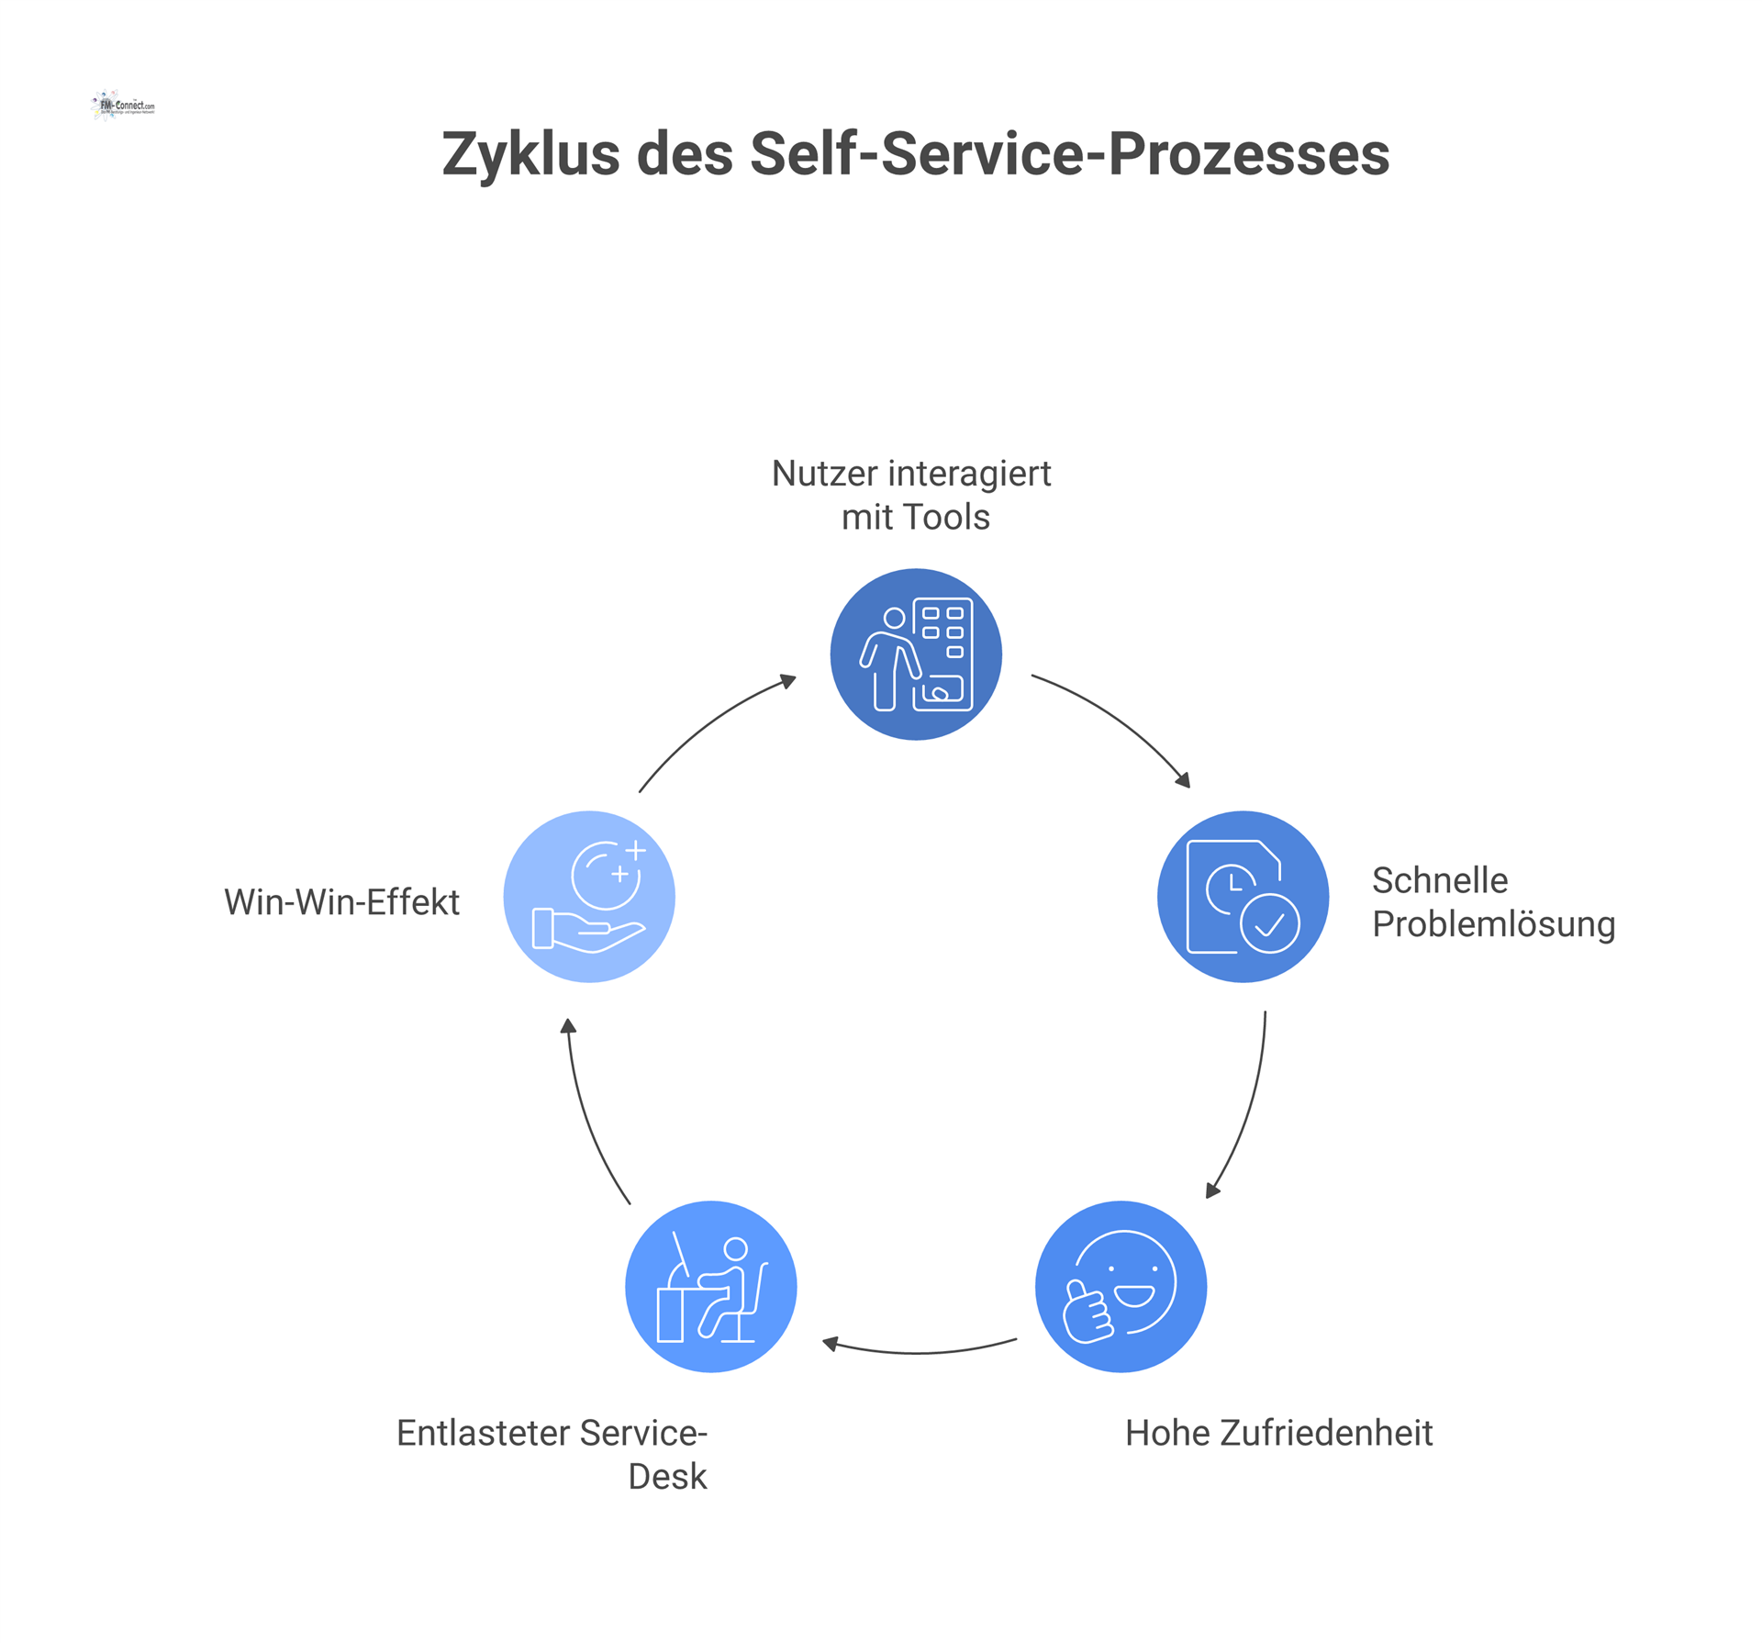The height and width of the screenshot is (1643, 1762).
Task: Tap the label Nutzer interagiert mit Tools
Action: click(x=914, y=495)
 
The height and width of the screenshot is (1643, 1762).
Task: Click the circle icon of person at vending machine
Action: click(x=915, y=654)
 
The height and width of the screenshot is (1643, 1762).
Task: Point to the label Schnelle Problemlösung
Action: click(x=1492, y=901)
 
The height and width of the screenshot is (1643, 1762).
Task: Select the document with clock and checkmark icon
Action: click(x=1243, y=897)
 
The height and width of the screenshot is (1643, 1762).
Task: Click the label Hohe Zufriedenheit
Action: click(x=1278, y=1433)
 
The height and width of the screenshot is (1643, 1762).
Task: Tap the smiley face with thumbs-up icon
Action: click(x=1121, y=1286)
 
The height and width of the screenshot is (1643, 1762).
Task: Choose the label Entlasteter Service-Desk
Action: click(x=552, y=1454)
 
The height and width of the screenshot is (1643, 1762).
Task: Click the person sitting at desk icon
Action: click(x=711, y=1286)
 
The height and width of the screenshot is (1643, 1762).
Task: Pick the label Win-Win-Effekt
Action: click(x=341, y=901)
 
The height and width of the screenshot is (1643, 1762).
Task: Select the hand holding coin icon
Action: click(x=589, y=897)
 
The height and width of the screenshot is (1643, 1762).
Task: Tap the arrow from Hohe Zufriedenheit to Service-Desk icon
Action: click(x=919, y=1351)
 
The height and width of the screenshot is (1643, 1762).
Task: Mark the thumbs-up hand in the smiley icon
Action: click(x=1087, y=1313)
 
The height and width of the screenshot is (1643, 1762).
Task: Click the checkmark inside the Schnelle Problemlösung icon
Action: click(x=1269, y=923)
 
